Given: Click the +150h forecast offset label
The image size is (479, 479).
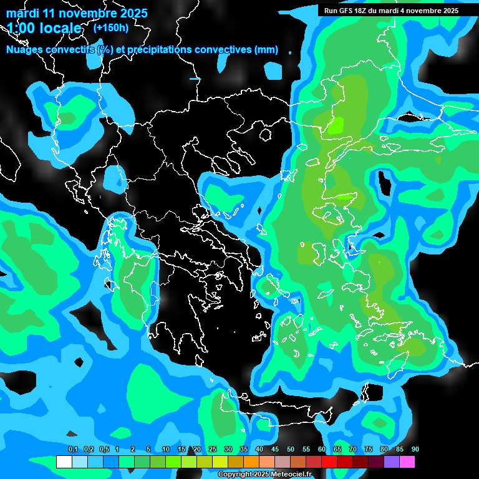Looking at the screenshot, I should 111,27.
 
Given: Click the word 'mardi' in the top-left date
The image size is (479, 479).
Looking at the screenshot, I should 23,13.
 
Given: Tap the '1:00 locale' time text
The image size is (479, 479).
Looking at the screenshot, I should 44,28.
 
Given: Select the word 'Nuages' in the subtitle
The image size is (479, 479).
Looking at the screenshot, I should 27,50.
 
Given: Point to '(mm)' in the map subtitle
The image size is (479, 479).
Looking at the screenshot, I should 267,50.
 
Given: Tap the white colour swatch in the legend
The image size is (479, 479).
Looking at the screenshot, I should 64,462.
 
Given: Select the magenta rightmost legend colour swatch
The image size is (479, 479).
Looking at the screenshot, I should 407,462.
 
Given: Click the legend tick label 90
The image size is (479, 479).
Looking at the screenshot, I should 415,449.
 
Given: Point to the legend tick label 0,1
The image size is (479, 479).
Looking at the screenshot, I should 73,449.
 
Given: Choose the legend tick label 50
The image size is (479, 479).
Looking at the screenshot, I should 291,449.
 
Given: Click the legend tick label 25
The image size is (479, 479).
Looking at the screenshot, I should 213,449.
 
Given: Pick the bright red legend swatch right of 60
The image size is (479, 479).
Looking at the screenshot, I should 329,462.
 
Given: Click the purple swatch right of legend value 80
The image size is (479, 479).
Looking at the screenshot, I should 392,462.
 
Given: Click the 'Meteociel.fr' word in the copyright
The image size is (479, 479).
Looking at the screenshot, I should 291,474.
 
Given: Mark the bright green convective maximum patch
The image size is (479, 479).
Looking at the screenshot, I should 336,125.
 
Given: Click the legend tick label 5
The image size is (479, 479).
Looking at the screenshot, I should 148,449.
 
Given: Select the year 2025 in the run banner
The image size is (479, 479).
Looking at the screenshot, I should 448,11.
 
